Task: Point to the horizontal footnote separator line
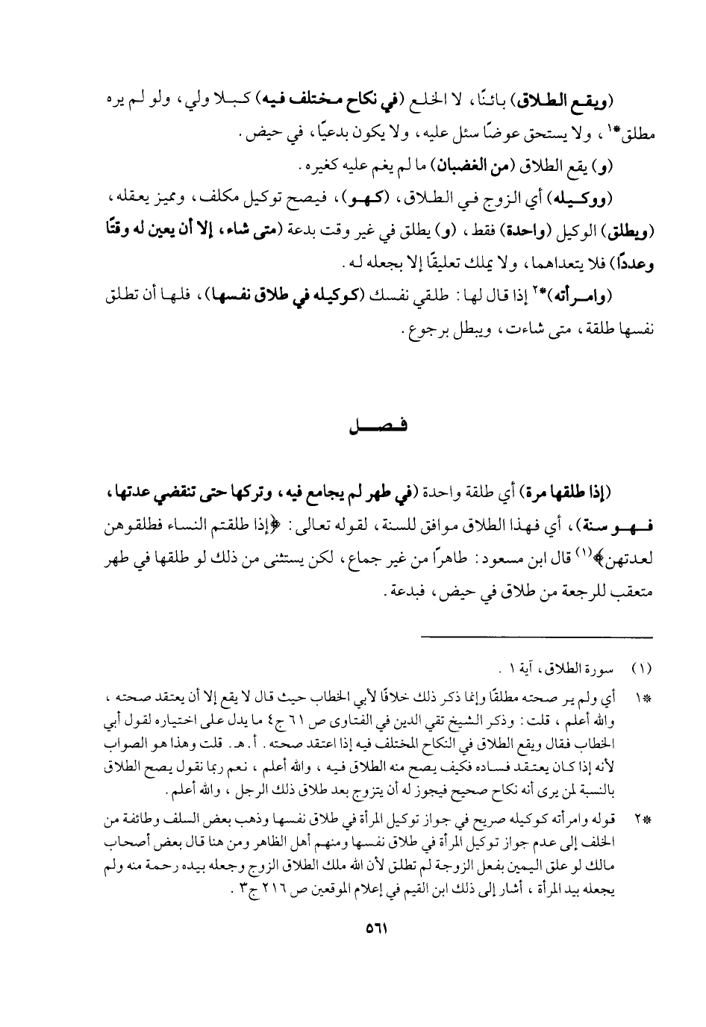point(537,636)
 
